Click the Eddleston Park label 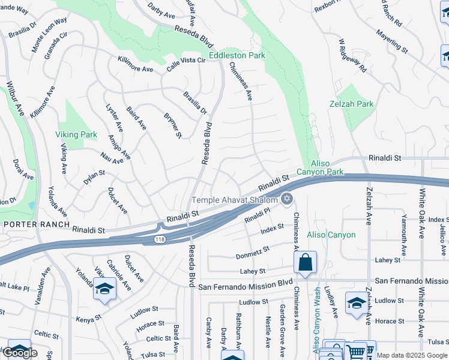(x=237, y=55)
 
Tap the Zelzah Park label (x=352, y=104)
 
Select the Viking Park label (x=76, y=135)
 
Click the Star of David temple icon (x=287, y=199)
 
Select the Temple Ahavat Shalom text (x=235, y=200)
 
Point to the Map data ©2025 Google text (x=412, y=356)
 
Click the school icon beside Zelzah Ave (x=357, y=302)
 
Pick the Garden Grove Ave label (x=282, y=326)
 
